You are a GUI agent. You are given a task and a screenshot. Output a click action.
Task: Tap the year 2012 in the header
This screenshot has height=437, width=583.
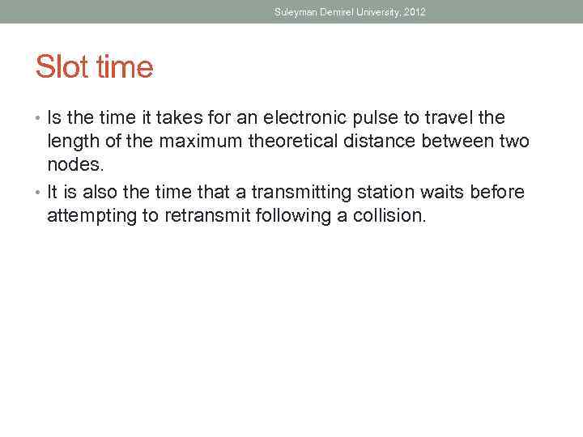click(x=414, y=12)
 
